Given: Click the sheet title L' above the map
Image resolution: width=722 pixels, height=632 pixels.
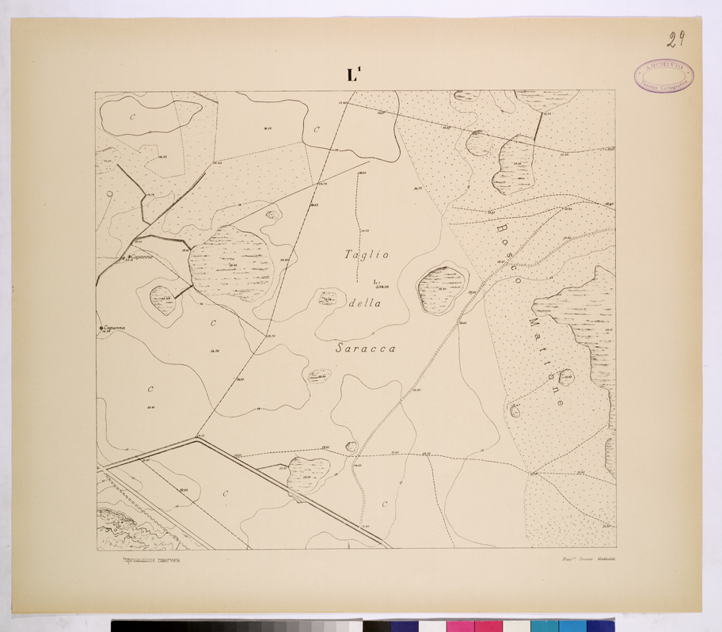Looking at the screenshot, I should (x=353, y=75).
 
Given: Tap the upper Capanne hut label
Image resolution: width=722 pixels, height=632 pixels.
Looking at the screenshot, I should (x=139, y=257).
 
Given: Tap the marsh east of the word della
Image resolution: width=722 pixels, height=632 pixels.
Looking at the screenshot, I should (x=443, y=288).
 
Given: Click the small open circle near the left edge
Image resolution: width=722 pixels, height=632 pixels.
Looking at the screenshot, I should (x=110, y=192).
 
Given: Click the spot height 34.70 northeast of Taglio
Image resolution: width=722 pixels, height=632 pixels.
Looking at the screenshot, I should (x=417, y=188).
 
